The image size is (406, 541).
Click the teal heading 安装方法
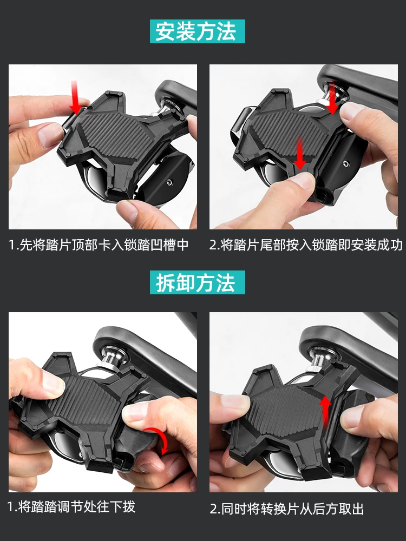(197, 31)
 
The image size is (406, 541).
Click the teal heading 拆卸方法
(197, 282)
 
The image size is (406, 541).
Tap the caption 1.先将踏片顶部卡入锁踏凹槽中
(99, 245)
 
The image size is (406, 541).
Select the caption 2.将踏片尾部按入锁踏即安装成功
(306, 245)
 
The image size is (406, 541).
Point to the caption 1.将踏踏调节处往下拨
(71, 507)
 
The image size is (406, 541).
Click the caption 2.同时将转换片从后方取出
(287, 509)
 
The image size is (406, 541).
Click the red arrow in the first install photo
(75, 97)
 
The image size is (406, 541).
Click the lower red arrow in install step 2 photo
(300, 153)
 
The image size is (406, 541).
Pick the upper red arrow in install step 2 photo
(332, 98)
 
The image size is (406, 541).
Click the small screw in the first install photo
(169, 182)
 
